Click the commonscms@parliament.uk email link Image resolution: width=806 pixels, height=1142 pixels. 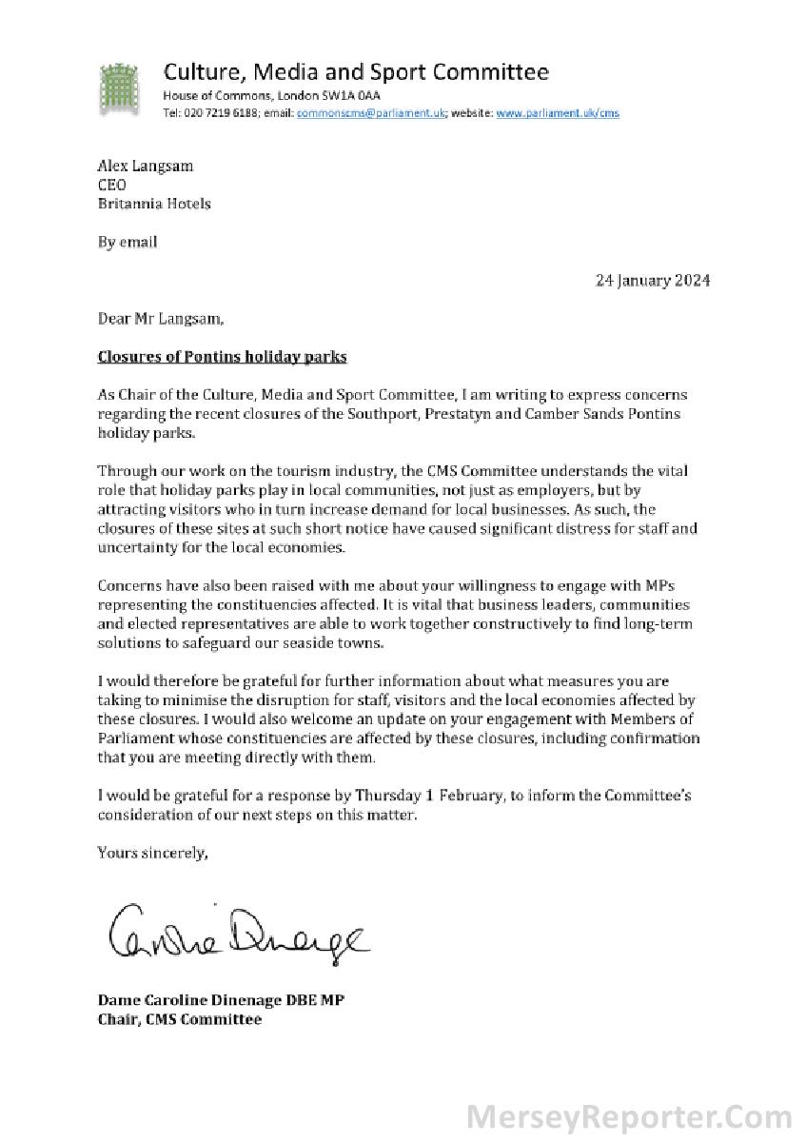point(371,113)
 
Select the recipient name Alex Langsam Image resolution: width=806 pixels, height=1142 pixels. point(146,166)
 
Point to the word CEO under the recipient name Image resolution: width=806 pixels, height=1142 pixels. point(112,185)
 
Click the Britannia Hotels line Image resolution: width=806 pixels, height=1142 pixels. point(154,204)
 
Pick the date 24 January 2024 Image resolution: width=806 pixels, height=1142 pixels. point(652,281)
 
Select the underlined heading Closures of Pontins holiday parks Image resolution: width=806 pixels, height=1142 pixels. point(222,357)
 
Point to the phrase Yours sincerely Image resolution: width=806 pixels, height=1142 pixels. point(152,853)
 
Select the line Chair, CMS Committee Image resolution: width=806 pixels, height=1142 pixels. point(179,1019)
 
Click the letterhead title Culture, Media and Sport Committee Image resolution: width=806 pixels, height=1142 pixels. point(356,71)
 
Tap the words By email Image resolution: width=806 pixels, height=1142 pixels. point(128,242)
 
